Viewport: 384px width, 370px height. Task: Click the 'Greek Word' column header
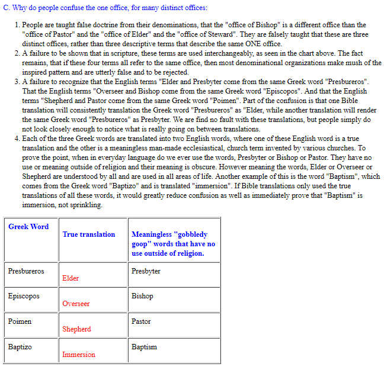28,227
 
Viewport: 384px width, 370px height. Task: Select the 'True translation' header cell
89,234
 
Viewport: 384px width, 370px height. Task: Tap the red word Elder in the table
71,278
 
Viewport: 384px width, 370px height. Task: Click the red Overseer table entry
76,304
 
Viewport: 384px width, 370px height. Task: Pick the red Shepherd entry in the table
76,329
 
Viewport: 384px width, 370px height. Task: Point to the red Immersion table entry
78,355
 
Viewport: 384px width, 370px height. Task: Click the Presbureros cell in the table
26,271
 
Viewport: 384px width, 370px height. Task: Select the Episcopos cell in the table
24,296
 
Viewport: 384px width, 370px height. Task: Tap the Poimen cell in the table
20,321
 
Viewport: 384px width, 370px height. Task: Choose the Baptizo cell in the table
20,347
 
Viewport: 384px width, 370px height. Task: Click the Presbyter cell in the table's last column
146,271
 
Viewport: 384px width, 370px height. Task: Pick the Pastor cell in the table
142,321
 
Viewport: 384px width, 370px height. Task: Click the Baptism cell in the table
144,347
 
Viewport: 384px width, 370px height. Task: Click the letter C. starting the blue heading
6,8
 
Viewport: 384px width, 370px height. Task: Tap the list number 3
17,82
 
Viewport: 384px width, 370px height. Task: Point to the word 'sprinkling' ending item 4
85,205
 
